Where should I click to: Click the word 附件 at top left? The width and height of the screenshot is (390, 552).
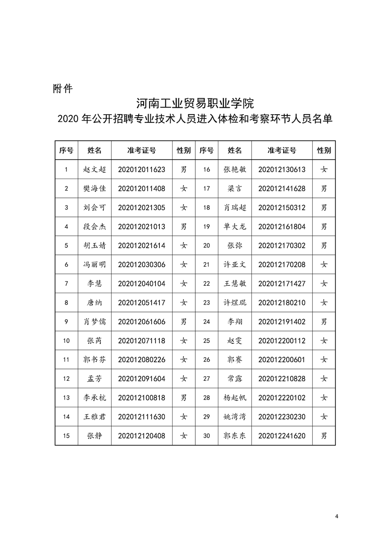pyautogui.click(x=62, y=89)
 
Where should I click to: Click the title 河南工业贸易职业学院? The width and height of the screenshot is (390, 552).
pyautogui.click(x=195, y=104)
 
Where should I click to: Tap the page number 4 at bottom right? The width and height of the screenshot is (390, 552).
pyautogui.click(x=336, y=516)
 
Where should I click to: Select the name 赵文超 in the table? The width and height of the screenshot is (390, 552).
pyautogui.click(x=94, y=169)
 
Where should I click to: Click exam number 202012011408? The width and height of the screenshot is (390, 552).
pyautogui.click(x=142, y=188)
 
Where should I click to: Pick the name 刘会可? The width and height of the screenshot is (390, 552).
pyautogui.click(x=94, y=208)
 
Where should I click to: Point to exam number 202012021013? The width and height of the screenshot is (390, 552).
pyautogui.click(x=142, y=227)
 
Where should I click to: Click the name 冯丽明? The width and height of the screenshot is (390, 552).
pyautogui.click(x=94, y=265)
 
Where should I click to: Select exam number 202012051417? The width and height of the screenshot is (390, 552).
pyautogui.click(x=142, y=303)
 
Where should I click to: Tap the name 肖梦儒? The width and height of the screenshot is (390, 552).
pyautogui.click(x=94, y=322)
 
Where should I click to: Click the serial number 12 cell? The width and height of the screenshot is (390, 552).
pyautogui.click(x=66, y=379)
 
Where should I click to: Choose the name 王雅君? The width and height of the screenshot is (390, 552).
pyautogui.click(x=94, y=417)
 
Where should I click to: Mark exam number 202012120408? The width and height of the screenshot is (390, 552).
pyautogui.click(x=142, y=436)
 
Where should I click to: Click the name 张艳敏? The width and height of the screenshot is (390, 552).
pyautogui.click(x=235, y=169)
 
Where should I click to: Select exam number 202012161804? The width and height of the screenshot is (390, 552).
pyautogui.click(x=282, y=227)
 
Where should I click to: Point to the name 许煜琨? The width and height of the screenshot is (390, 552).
pyautogui.click(x=235, y=303)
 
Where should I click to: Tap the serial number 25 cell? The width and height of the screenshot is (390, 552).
pyautogui.click(x=207, y=340)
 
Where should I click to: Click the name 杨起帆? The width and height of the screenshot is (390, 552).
pyautogui.click(x=235, y=398)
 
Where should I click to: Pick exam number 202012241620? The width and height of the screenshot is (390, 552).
pyautogui.click(x=282, y=436)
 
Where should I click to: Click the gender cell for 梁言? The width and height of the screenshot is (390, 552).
pyautogui.click(x=324, y=188)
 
